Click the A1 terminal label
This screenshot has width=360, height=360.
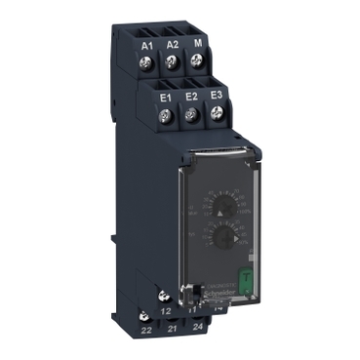[x=149, y=45]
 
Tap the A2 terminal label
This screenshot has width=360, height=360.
[x=173, y=45]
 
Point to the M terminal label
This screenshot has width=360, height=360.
[x=198, y=45]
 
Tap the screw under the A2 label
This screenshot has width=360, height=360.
[x=174, y=64]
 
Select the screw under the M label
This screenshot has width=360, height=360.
[x=198, y=65]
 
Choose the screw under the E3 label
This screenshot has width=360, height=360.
[x=218, y=117]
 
